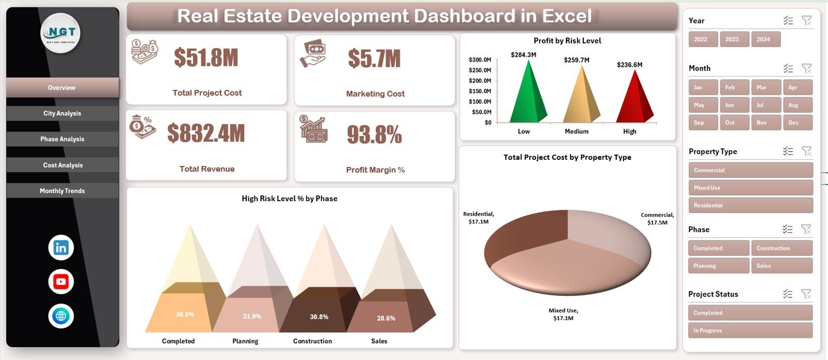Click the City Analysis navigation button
coord(62,113)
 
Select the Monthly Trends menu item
coord(62,191)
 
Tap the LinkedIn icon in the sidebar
coord(61,248)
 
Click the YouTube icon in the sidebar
coord(61,282)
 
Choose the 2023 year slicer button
coord(732,39)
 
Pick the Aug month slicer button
coord(797,105)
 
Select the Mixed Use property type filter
coord(750,188)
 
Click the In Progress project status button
coord(750,331)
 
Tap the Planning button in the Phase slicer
coord(718,266)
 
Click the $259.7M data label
coord(576,60)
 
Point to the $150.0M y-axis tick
coord(480,91)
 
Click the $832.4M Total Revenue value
coord(206,133)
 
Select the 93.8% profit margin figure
coord(374,135)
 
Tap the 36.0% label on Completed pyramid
coord(185,314)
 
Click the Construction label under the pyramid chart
coord(313,341)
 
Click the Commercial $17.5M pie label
coord(657,219)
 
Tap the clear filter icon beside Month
coord(806,68)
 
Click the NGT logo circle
coord(61,33)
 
